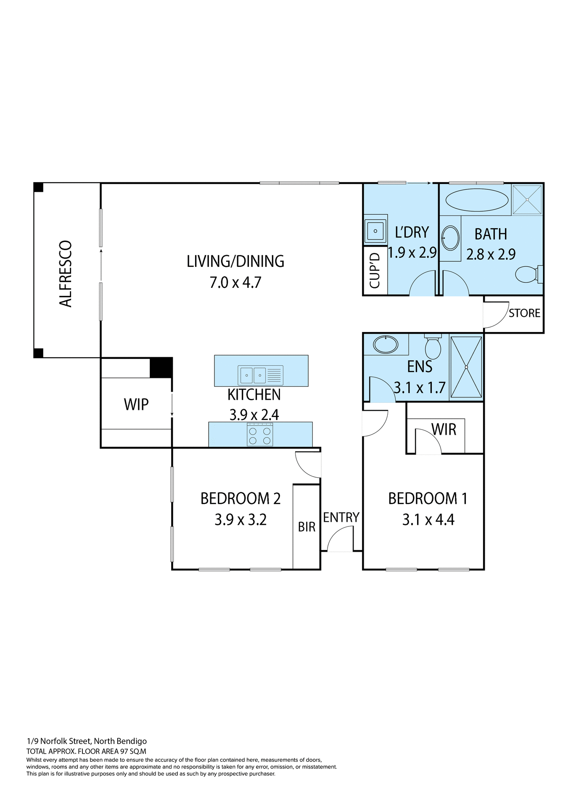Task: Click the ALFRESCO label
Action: coord(66,274)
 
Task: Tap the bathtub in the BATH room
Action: coord(476,200)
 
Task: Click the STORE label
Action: coord(524,313)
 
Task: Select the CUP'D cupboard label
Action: coord(375,271)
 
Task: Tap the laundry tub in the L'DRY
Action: coord(375,231)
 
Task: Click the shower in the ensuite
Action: coord(466,367)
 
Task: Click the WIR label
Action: coord(444,430)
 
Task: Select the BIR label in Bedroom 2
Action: coord(307,527)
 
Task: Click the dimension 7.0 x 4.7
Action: coord(235,282)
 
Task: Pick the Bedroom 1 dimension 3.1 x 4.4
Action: coord(428,520)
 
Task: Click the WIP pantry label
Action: coord(136,404)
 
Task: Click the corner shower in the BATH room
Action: coord(527,199)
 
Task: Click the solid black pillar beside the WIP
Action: coord(161,367)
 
